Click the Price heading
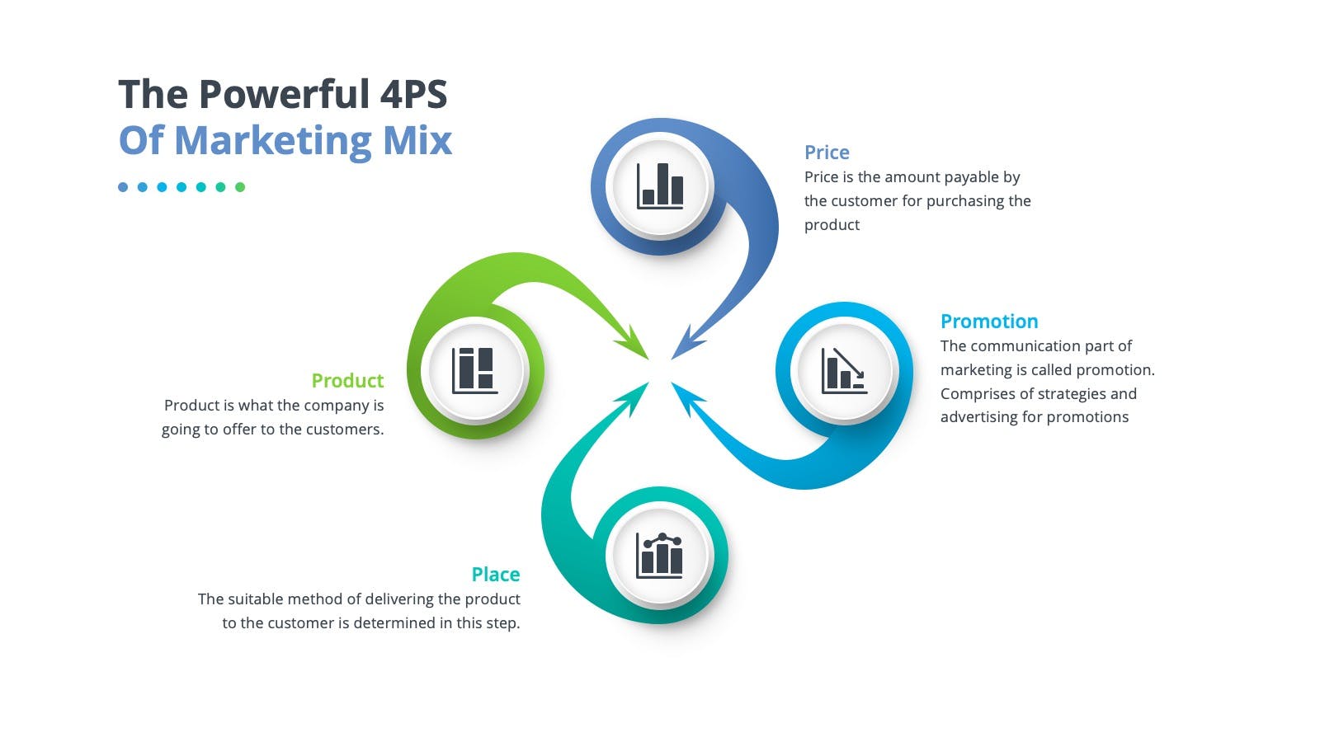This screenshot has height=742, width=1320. tap(826, 153)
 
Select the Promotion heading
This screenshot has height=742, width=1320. tap(989, 322)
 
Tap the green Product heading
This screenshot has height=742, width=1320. tap(347, 381)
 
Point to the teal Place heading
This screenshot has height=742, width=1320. tap(496, 575)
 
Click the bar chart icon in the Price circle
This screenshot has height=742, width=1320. tap(660, 186)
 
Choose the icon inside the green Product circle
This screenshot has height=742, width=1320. tap(475, 370)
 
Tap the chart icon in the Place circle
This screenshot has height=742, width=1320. tap(659, 556)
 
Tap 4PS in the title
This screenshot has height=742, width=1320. tap(413, 94)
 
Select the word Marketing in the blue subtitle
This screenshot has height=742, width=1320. tap(273, 141)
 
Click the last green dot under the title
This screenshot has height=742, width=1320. tap(240, 187)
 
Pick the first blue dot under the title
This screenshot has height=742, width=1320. tap(123, 187)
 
